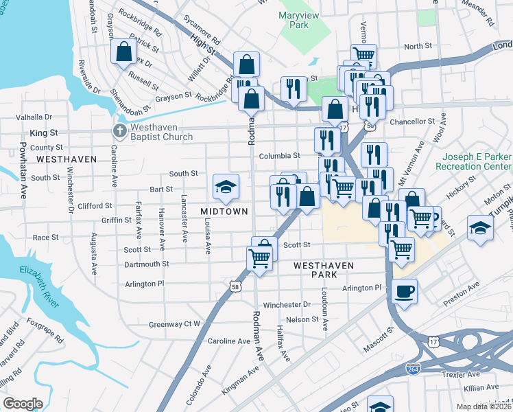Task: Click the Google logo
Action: click(x=23, y=404)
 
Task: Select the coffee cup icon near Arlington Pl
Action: click(x=404, y=291)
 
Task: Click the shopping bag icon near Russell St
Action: click(x=123, y=51)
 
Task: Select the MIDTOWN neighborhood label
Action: click(x=224, y=211)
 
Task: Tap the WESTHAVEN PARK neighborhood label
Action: click(x=324, y=269)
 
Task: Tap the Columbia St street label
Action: click(x=279, y=156)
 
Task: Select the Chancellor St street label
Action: click(x=412, y=121)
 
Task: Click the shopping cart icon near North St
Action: click(x=363, y=55)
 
